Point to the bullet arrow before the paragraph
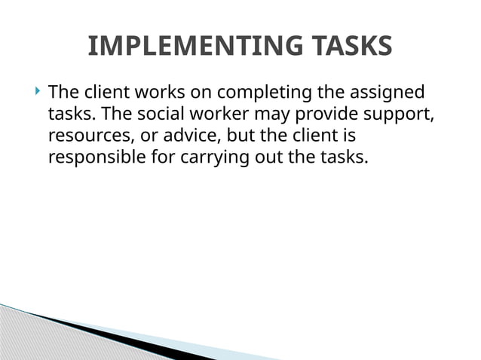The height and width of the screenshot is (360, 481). pos(37,93)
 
